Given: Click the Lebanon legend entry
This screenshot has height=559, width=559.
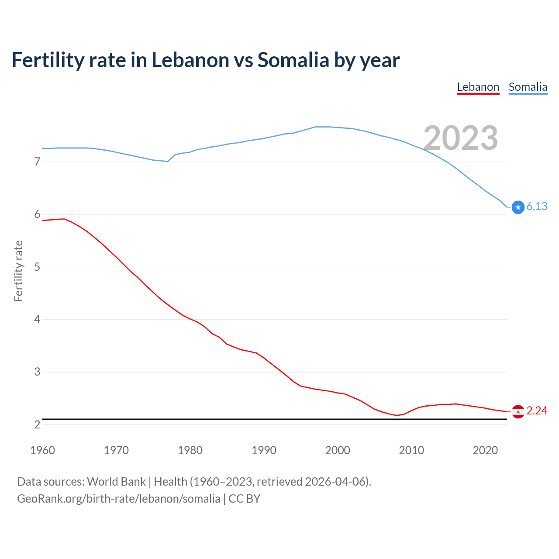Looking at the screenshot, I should (x=478, y=87).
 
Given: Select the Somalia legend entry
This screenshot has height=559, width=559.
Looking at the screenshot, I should (x=528, y=87).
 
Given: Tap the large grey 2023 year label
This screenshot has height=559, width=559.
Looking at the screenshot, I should (x=461, y=138).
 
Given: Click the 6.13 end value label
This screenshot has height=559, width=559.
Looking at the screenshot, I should (x=537, y=207).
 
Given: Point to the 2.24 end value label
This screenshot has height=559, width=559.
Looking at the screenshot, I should (x=537, y=411).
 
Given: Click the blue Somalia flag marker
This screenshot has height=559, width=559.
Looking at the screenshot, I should (x=518, y=207).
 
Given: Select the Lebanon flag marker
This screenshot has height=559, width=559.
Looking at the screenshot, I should (x=518, y=411).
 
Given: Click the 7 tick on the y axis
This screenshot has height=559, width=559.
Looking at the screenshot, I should (x=37, y=162).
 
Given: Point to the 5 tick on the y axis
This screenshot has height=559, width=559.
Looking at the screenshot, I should (x=37, y=267).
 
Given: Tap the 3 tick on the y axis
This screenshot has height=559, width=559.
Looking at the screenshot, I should (x=37, y=372).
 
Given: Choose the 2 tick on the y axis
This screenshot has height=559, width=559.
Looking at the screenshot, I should (x=37, y=424).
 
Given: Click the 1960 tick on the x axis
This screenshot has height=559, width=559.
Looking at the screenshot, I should (x=42, y=450).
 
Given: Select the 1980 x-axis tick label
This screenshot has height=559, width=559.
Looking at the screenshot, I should (x=190, y=450).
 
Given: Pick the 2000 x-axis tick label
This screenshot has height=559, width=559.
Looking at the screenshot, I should (x=338, y=450).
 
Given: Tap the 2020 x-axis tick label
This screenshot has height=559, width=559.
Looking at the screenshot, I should (x=485, y=450).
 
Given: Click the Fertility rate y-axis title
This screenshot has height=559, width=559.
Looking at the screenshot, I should (x=18, y=271).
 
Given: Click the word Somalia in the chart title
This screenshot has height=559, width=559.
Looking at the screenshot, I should (x=293, y=60).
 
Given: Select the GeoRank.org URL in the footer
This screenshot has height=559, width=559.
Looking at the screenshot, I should (x=118, y=499).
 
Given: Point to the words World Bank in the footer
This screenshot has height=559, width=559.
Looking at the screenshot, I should (x=116, y=482).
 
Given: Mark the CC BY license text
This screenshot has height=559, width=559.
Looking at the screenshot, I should (x=245, y=499).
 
